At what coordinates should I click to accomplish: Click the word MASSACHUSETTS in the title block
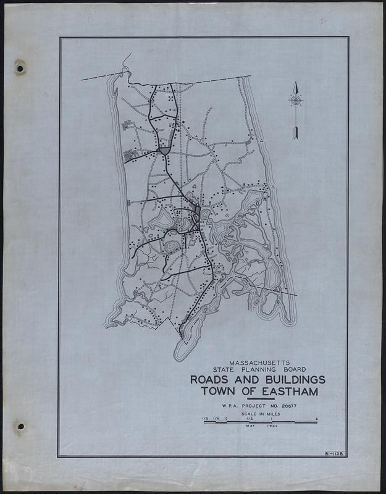pos(259,362)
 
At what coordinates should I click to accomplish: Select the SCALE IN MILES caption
pos(259,414)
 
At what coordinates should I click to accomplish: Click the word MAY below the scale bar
pos(250,427)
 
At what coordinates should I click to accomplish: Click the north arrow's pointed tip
pos(296,83)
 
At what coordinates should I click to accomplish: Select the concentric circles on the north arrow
pos(296,100)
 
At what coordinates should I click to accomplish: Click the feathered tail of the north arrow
pos(296,132)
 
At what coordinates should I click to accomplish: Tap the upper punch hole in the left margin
pos(20,66)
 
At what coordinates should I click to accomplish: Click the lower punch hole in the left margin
pos(20,427)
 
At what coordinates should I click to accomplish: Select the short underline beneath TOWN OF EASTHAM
pos(258,400)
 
